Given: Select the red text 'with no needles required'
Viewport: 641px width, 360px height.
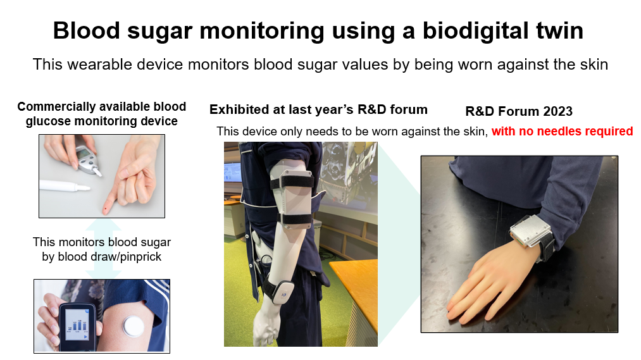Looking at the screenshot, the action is click(562, 131).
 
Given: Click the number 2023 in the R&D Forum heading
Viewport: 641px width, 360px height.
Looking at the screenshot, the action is click(557, 111).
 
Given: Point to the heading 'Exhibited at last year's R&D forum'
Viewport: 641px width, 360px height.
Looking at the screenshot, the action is click(318, 109).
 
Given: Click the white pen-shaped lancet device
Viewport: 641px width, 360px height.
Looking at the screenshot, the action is click(65, 186).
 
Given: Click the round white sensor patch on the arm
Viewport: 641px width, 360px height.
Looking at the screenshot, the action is click(134, 326).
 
